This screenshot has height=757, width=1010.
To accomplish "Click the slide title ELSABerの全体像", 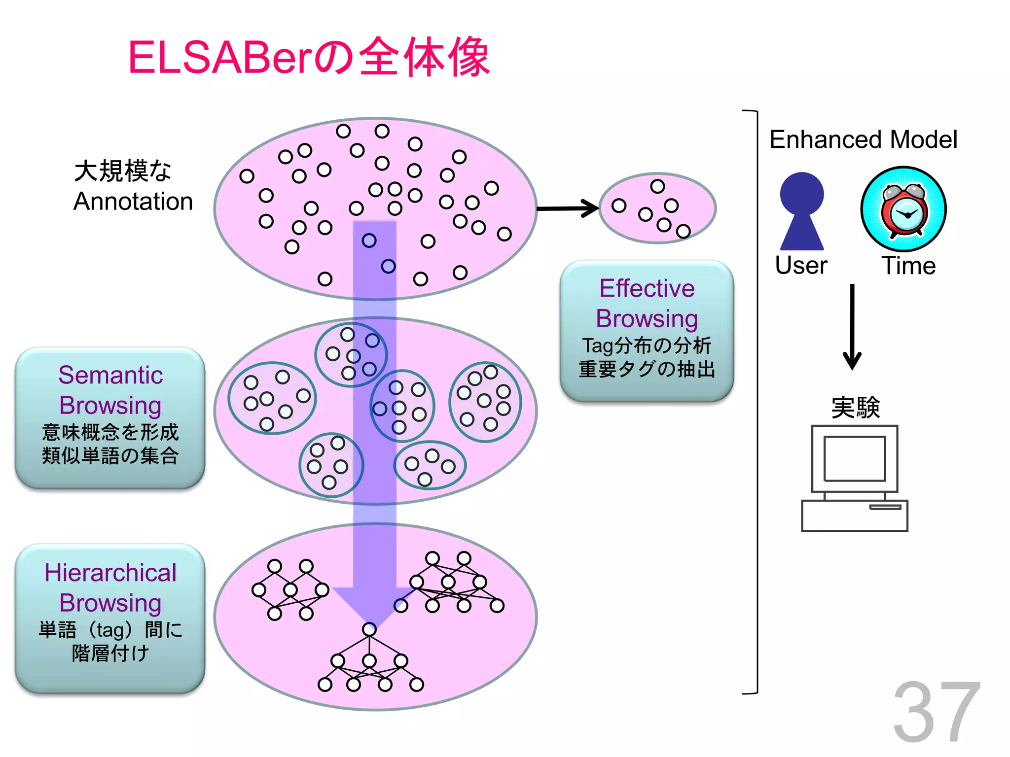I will pyautogui.click(x=309, y=58).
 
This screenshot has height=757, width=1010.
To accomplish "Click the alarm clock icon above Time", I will pyautogui.click(x=903, y=209).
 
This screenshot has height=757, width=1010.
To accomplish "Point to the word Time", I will pyautogui.click(x=908, y=266).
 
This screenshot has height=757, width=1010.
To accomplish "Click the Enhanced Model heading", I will pyautogui.click(x=863, y=139).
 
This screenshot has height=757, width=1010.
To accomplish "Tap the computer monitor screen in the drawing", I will pyautogui.click(x=854, y=458).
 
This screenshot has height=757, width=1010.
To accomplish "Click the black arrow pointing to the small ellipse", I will pyautogui.click(x=567, y=208).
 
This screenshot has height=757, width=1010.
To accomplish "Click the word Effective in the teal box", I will pyautogui.click(x=647, y=288).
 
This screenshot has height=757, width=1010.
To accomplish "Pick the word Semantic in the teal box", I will pyautogui.click(x=110, y=375).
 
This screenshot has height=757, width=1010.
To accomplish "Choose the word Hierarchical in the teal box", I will pyautogui.click(x=110, y=573).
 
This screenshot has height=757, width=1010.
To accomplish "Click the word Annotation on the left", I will pyautogui.click(x=133, y=202).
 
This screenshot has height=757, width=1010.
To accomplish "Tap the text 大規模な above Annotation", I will pyautogui.click(x=123, y=171).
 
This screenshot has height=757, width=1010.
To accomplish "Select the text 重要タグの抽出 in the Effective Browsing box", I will pyautogui.click(x=647, y=369).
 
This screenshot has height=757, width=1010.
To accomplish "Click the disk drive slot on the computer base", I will pyautogui.click(x=885, y=507).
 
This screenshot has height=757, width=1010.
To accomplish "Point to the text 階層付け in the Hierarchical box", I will pyautogui.click(x=110, y=654).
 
